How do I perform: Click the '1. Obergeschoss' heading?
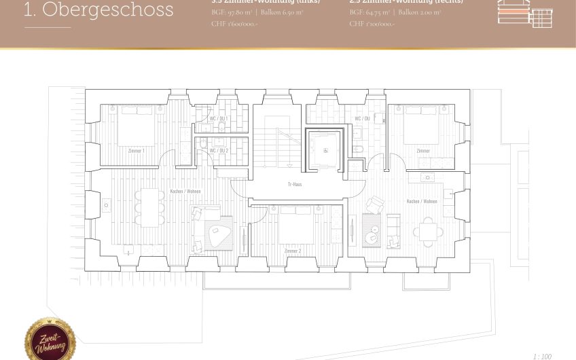[98, 11]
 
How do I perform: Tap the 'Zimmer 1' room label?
[137, 151]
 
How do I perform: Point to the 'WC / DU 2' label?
[218, 150]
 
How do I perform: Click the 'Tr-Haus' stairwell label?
[295, 184]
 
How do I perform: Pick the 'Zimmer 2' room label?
[293, 251]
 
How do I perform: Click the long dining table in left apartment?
[149, 206]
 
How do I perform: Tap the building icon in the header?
[524, 12]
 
